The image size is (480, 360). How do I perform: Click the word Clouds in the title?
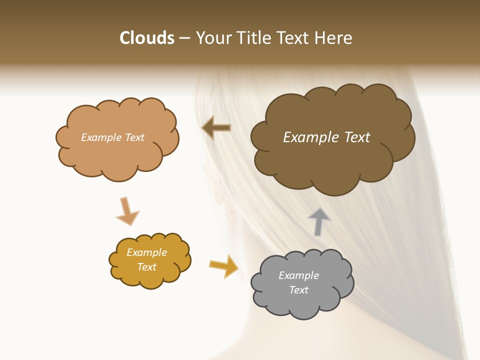click(147, 38)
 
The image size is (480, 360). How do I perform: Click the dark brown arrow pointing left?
click(216, 128)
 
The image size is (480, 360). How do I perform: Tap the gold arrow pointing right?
click(223, 265)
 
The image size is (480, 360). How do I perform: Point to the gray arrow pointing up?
click(318, 221)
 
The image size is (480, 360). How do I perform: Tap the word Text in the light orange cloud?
click(134, 137)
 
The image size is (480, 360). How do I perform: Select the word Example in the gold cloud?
click(146, 252)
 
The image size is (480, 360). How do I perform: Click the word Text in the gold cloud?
click(146, 267)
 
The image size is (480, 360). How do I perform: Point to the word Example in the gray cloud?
click(298, 275)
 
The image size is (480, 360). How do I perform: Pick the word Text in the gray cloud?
click(298, 290)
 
